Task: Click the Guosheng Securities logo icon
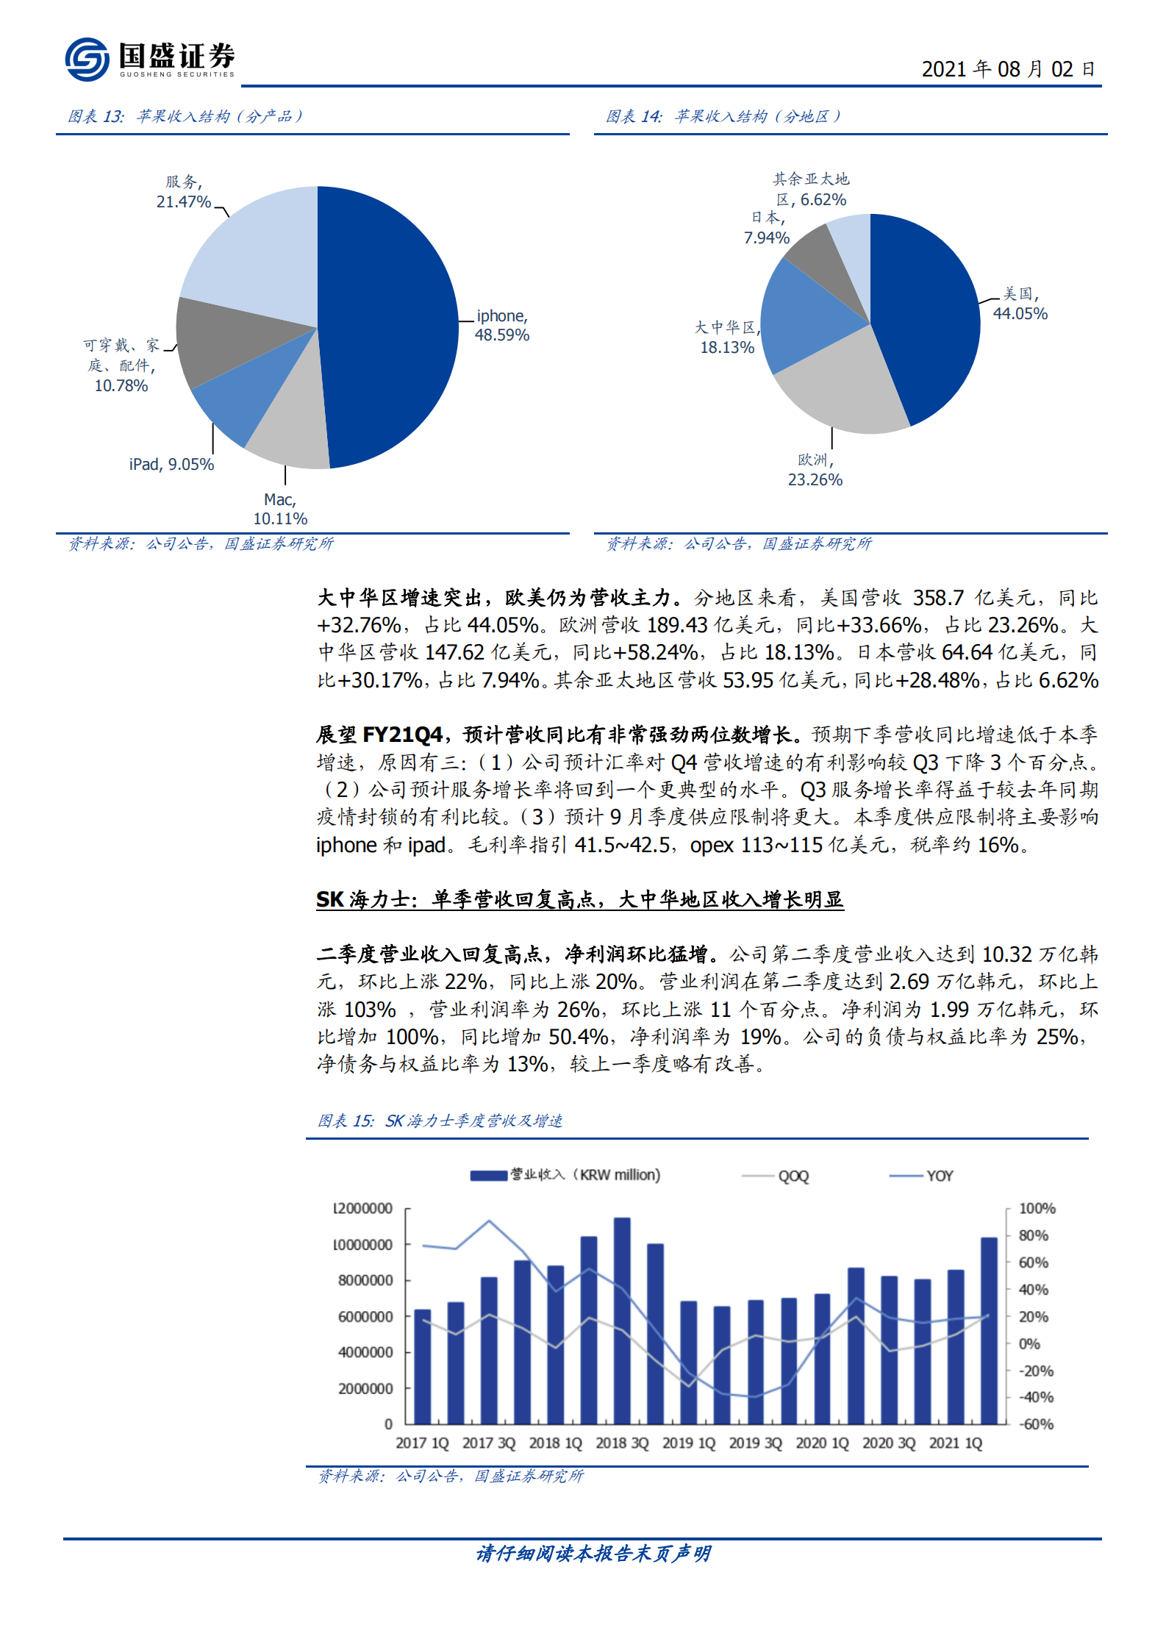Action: pyautogui.click(x=87, y=59)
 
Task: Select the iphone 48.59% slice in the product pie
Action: pyautogui.click(x=390, y=324)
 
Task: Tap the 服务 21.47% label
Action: pyautogui.click(x=183, y=192)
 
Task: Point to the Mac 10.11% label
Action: pyautogui.click(x=280, y=509)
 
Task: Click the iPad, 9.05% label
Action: pyautogui.click(x=171, y=465)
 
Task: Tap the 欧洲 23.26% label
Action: pyautogui.click(x=815, y=470)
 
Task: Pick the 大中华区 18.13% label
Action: pyautogui.click(x=727, y=337)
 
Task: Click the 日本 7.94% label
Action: pyautogui.click(x=767, y=228)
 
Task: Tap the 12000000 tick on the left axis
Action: pyautogui.click(x=363, y=1209)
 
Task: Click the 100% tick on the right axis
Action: pyautogui.click(x=1037, y=1209)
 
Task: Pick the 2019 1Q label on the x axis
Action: pyautogui.click(x=688, y=1443)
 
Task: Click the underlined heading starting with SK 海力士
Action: pyautogui.click(x=579, y=899)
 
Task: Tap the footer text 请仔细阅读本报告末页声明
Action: pyautogui.click(x=593, y=1553)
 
